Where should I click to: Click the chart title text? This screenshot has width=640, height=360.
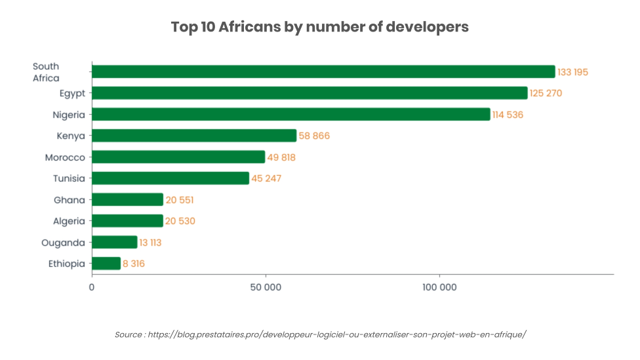[x=319, y=27]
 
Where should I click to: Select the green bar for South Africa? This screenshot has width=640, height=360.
[x=323, y=71]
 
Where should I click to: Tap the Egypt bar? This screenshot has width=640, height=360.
[x=310, y=93]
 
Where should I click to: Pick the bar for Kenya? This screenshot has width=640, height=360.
[x=194, y=136]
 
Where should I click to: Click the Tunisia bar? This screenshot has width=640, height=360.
[x=170, y=178]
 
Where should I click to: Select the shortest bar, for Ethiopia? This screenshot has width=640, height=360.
[x=106, y=264]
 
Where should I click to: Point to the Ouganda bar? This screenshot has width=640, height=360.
[x=115, y=242]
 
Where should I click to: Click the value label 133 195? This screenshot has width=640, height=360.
[x=573, y=72]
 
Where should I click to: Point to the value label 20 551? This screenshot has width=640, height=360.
[x=180, y=200]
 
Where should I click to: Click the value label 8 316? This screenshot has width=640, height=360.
[x=134, y=264]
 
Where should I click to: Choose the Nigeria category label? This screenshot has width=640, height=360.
[x=69, y=115]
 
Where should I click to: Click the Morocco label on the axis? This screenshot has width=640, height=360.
[x=65, y=157]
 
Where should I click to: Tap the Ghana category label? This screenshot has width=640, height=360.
[x=70, y=200]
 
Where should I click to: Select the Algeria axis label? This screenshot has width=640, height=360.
[x=69, y=221]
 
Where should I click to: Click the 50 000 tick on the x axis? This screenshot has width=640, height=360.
[x=266, y=287]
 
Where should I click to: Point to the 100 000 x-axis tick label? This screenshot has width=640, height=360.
[x=439, y=287]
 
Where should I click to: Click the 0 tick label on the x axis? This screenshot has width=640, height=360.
[x=92, y=287]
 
